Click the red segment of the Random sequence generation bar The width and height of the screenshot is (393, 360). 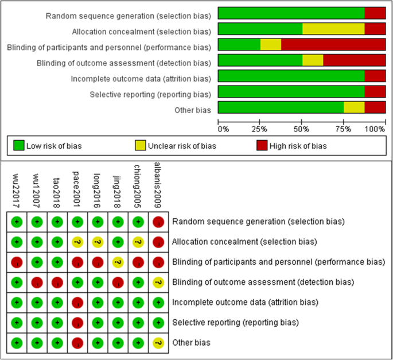[375, 13]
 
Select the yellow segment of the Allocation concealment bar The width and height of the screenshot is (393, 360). [333, 29]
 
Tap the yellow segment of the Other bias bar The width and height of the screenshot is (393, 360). [354, 107]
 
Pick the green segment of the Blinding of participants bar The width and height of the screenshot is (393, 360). [239, 45]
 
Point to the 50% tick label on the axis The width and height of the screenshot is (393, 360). [302, 129]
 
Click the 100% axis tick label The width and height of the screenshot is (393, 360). [376, 129]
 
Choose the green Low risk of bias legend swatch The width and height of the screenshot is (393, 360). [19, 146]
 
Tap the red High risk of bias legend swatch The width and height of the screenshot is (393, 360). [262, 146]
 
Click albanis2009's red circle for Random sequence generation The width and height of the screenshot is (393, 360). [158, 222]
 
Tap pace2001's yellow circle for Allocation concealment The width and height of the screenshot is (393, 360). [77, 242]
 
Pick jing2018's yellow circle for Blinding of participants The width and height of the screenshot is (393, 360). [118, 262]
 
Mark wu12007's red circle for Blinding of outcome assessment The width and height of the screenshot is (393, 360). [37, 282]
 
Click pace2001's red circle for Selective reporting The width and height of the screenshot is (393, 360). [77, 322]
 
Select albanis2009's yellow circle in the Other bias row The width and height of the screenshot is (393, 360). [158, 343]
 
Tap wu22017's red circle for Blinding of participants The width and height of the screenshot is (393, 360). [17, 262]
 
